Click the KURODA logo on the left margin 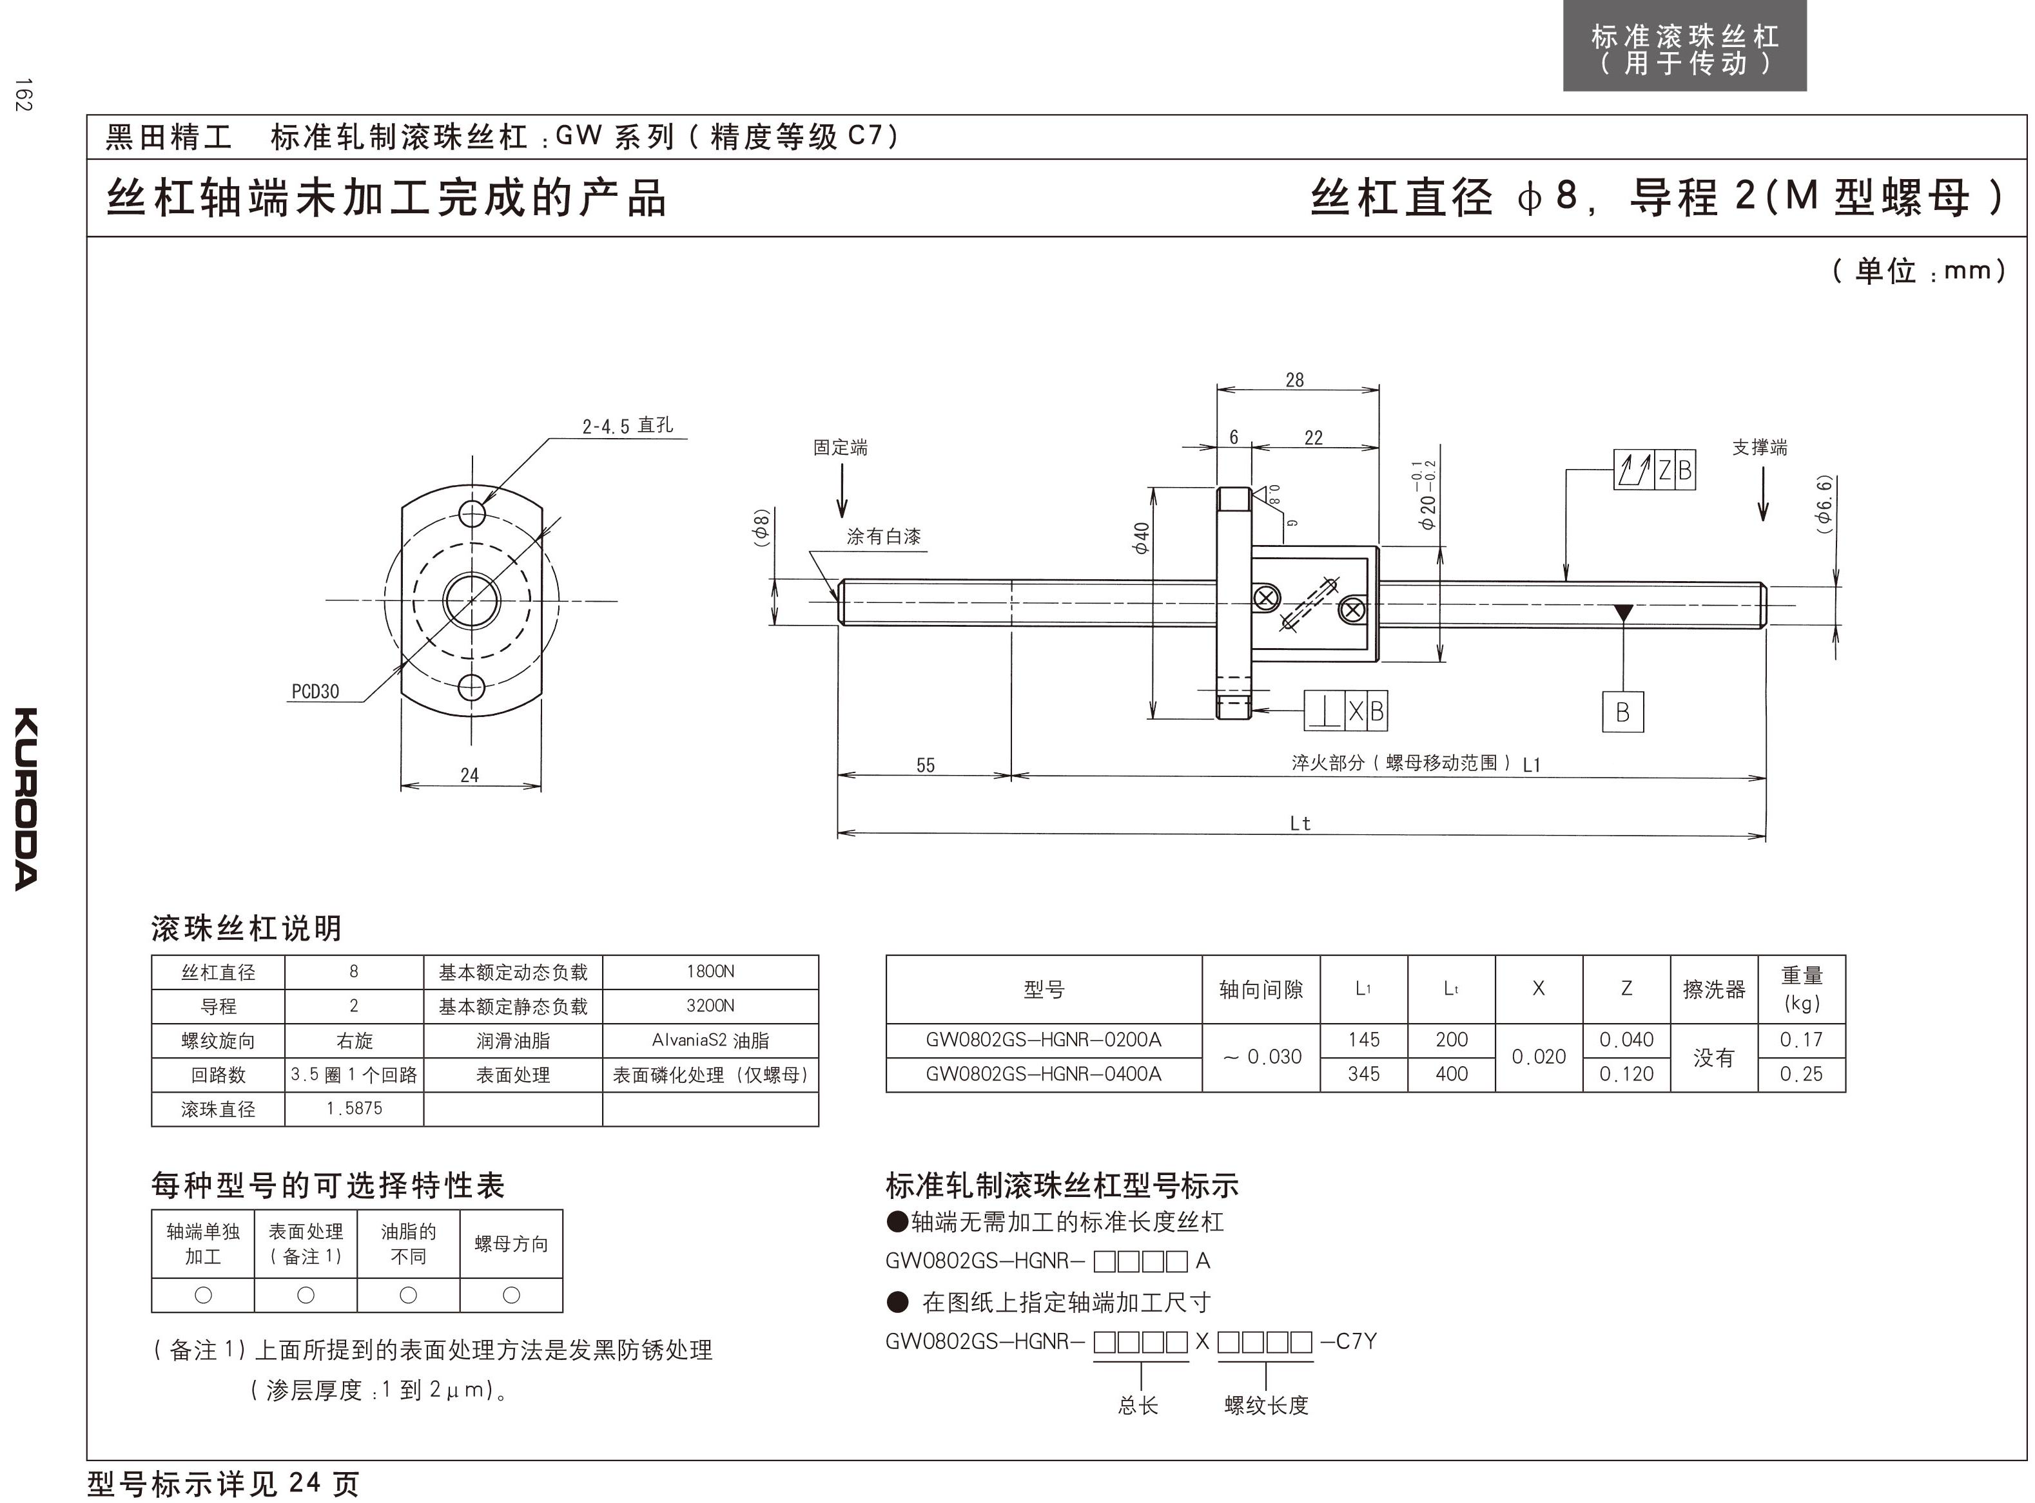click(26, 798)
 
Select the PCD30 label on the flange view click(315, 691)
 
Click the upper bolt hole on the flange click(471, 514)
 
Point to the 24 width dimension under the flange click(470, 775)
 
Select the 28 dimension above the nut click(1294, 380)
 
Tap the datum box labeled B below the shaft click(1622, 713)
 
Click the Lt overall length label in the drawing click(1300, 823)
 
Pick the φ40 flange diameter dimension click(1142, 538)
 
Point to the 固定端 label click(840, 448)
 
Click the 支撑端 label click(1759, 448)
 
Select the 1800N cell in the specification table click(710, 972)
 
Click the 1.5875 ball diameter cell click(354, 1108)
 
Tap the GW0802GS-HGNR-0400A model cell click(1043, 1073)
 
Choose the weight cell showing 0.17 click(1801, 1040)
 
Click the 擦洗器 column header click(1714, 989)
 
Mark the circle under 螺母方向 click(511, 1295)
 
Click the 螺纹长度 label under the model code click(1266, 1404)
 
